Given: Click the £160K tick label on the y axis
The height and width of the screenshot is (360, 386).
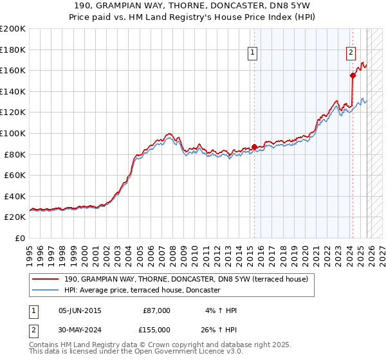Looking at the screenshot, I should tap(13, 70).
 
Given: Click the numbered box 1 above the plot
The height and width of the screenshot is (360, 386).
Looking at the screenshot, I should tap(253, 53).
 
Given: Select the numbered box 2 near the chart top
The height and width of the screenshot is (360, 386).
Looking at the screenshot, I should tap(351, 53).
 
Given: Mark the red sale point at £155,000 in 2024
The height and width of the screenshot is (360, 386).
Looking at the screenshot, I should tap(353, 76).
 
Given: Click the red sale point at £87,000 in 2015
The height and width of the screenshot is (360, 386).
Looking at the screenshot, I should tap(254, 147).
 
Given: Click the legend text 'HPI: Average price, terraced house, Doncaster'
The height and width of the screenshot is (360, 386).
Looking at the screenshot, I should tap(142, 290).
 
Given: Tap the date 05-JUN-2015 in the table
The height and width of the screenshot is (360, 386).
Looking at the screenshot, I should tap(80, 310).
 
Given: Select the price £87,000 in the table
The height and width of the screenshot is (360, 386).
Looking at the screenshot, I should tap(156, 310).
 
